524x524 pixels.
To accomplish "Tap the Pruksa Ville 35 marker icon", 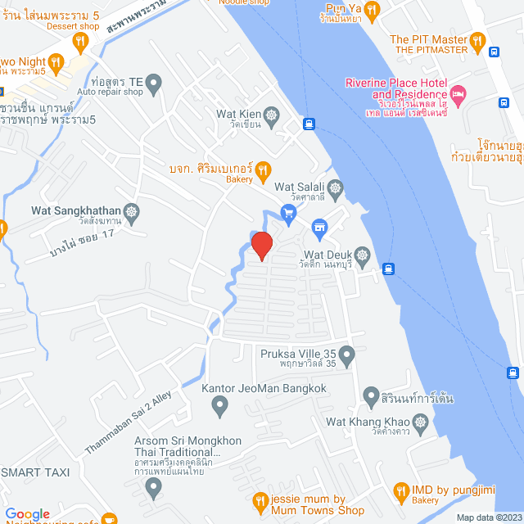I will [347, 356].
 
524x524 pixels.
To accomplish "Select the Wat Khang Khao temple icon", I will [422, 422].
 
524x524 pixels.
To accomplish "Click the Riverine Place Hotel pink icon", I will [458, 94].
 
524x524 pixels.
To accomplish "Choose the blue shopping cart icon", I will [287, 214].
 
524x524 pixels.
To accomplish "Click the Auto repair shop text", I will [111, 92].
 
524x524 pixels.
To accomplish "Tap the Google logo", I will [27, 513].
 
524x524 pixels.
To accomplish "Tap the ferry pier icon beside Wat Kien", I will [309, 124].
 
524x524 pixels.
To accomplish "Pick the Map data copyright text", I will [487, 517].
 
